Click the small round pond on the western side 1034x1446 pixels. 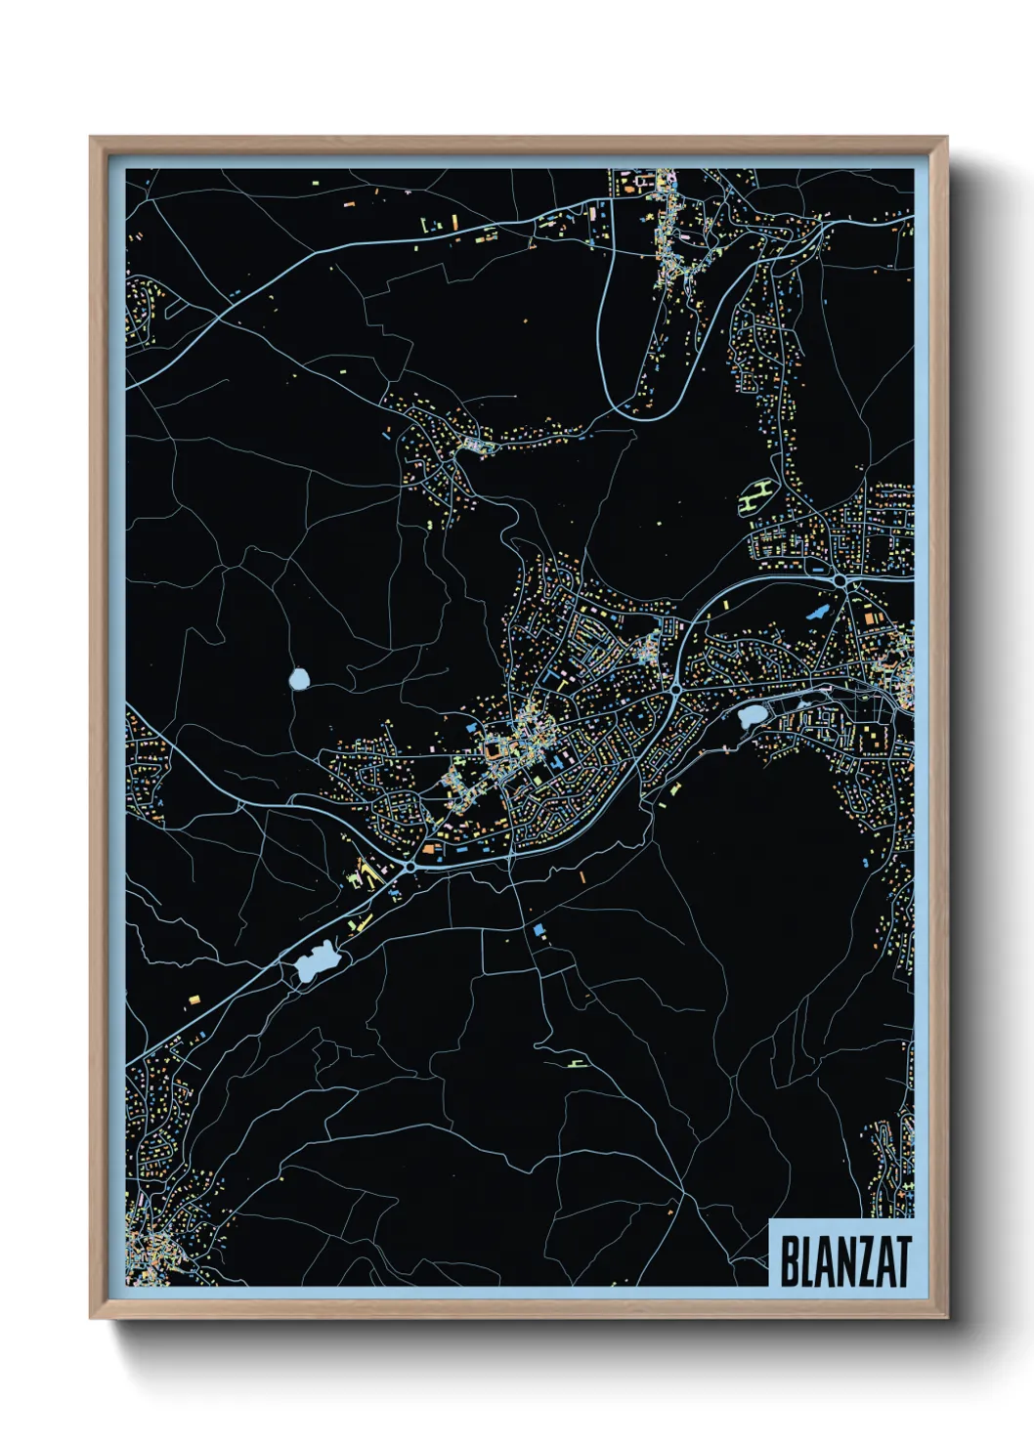click(x=299, y=678)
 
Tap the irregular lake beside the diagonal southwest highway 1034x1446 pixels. click(x=314, y=962)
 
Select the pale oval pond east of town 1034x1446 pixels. click(x=753, y=716)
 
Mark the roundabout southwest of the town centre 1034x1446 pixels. click(x=409, y=866)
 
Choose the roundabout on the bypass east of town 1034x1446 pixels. click(x=675, y=690)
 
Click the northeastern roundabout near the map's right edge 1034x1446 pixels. click(x=840, y=580)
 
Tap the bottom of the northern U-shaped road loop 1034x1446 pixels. click(x=646, y=418)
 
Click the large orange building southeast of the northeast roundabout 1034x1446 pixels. click(x=869, y=617)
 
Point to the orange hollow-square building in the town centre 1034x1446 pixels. click(x=495, y=749)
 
